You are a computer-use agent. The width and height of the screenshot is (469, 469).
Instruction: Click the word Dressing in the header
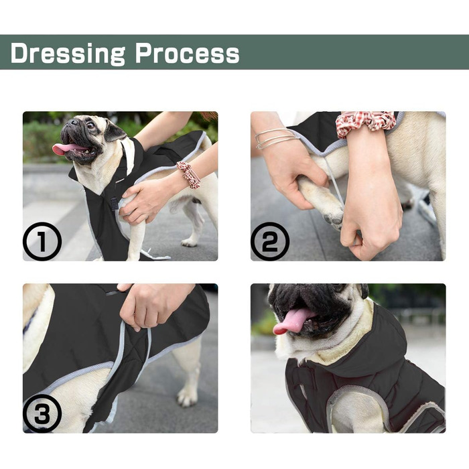[x=68, y=53]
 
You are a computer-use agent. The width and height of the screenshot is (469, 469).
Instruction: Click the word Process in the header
[x=187, y=53]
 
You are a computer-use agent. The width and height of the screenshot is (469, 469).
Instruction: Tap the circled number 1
[x=42, y=241]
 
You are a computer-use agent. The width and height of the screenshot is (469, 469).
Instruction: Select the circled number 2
[x=270, y=241]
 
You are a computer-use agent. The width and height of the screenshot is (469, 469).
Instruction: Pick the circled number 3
[x=42, y=413]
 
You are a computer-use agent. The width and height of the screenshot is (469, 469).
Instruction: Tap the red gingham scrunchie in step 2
[x=366, y=123]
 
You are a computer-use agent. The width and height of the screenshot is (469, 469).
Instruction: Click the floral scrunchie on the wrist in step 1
[x=188, y=174]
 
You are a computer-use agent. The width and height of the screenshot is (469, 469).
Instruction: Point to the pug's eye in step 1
[x=90, y=126]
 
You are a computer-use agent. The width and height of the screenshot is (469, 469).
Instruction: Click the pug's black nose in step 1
[x=73, y=122]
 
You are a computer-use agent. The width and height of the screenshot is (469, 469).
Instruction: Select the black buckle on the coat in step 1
[x=115, y=204]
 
